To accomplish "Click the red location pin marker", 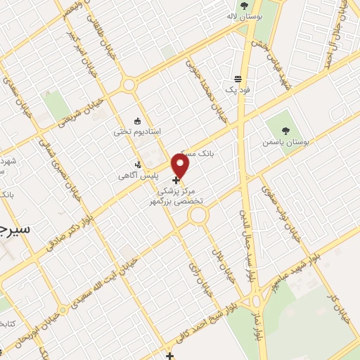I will (181, 166).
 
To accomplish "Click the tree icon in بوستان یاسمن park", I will (285, 130).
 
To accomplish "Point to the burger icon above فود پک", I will (238, 79).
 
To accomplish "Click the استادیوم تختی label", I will (138, 131).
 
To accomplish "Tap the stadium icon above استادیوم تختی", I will (138, 120).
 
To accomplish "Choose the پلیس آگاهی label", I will (137, 176).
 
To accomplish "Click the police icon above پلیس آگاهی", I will (138, 165).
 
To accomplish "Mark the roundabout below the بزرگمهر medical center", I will (199, 217).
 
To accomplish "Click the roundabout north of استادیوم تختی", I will (129, 85).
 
